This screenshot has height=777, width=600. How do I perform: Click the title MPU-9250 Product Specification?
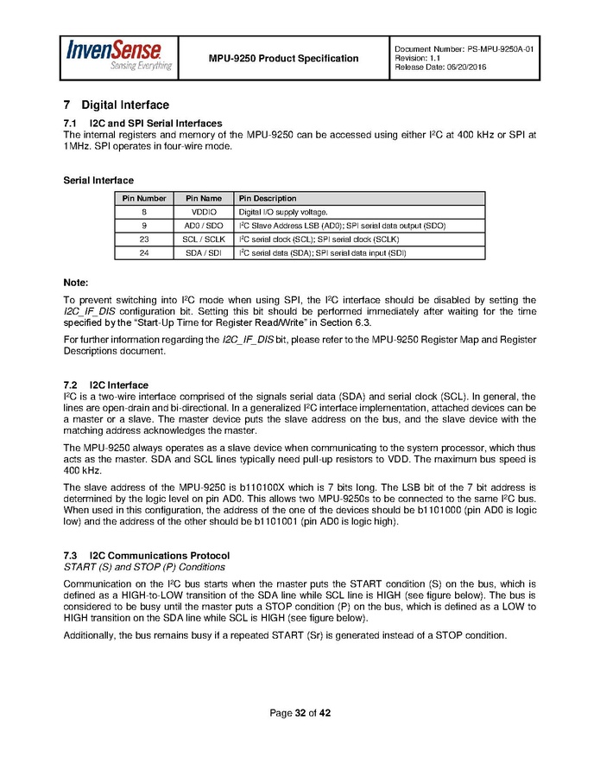[x=283, y=59]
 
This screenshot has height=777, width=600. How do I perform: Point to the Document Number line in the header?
[x=464, y=49]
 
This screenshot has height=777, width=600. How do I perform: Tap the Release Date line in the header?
[x=440, y=67]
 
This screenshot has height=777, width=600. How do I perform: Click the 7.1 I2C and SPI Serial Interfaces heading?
[x=142, y=123]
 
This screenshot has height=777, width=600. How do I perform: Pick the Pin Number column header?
[x=143, y=199]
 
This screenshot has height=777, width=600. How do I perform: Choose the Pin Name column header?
[x=204, y=199]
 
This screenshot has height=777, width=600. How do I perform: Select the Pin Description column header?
[x=268, y=199]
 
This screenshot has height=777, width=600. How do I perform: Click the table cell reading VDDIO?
[x=204, y=212]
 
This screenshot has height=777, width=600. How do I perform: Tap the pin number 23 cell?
[x=143, y=239]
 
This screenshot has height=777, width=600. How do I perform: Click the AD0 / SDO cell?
[x=204, y=226]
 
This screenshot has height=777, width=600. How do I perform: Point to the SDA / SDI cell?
[x=204, y=253]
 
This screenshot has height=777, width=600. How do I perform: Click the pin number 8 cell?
[x=143, y=212]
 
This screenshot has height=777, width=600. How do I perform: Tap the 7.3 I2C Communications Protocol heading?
[x=147, y=554]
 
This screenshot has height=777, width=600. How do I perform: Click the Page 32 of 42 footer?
[x=300, y=713]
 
